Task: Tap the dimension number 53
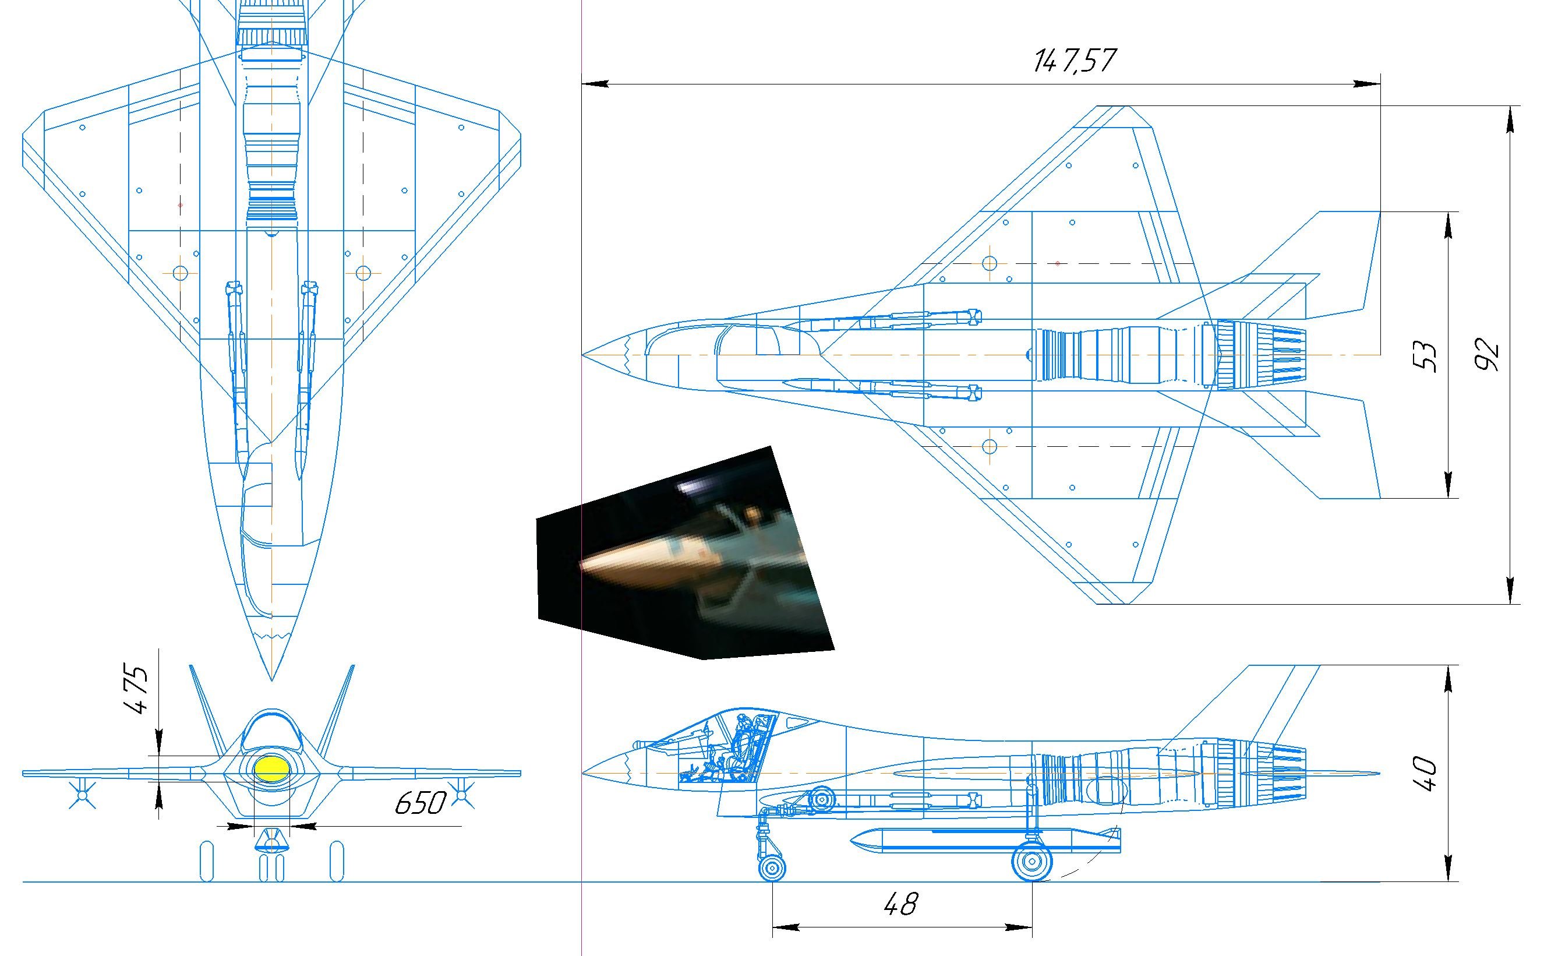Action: click(1425, 357)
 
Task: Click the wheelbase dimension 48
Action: click(900, 904)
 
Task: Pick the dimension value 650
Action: click(421, 803)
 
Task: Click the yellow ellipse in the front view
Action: click(272, 768)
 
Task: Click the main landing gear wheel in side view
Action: click(1032, 860)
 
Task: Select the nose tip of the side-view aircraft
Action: click(582, 772)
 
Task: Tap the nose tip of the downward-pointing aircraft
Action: click(272, 680)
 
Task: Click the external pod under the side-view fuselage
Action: click(985, 839)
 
